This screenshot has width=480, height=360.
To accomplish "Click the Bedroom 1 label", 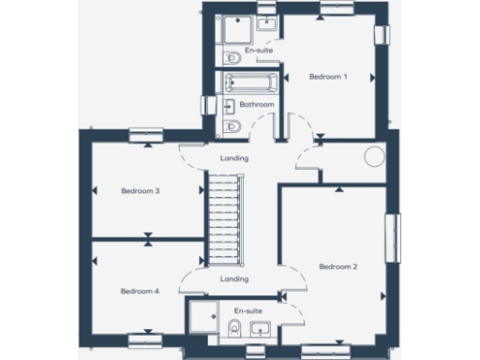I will (329, 77).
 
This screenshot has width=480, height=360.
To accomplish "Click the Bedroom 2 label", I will (338, 267).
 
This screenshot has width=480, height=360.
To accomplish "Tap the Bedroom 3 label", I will (141, 190).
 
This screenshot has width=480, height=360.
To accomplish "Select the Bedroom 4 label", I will (141, 292).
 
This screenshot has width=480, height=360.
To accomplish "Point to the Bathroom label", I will (257, 105).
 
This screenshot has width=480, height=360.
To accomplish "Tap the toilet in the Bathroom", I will (232, 127).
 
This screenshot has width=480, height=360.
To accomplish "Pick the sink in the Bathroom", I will (264, 127).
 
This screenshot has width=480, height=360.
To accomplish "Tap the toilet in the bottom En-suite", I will (232, 327).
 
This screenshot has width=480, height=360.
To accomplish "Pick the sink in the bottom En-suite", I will (260, 327).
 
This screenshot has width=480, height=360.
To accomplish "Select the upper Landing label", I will (234, 158).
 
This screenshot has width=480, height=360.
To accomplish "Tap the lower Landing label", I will (234, 278).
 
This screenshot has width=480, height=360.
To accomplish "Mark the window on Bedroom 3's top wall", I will (146, 133).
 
